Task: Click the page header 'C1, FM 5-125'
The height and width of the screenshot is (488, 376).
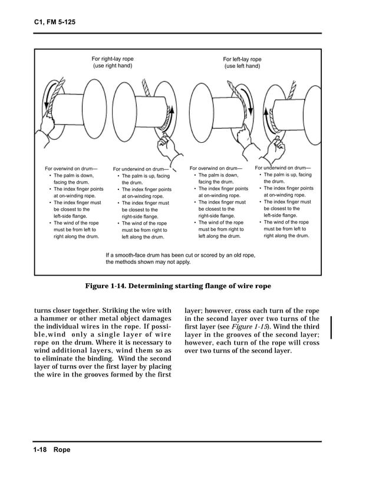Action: [51, 23]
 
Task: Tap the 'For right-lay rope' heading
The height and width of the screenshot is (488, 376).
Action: [112, 58]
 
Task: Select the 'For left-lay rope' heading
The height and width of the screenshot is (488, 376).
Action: [242, 59]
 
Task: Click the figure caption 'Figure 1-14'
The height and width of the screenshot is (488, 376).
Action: [178, 286]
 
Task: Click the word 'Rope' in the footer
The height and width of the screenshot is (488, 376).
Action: [62, 450]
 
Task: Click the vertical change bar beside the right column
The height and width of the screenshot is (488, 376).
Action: [331, 327]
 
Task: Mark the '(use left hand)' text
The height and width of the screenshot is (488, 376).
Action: [242, 66]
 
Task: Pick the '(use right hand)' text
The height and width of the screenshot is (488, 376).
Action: [112, 65]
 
